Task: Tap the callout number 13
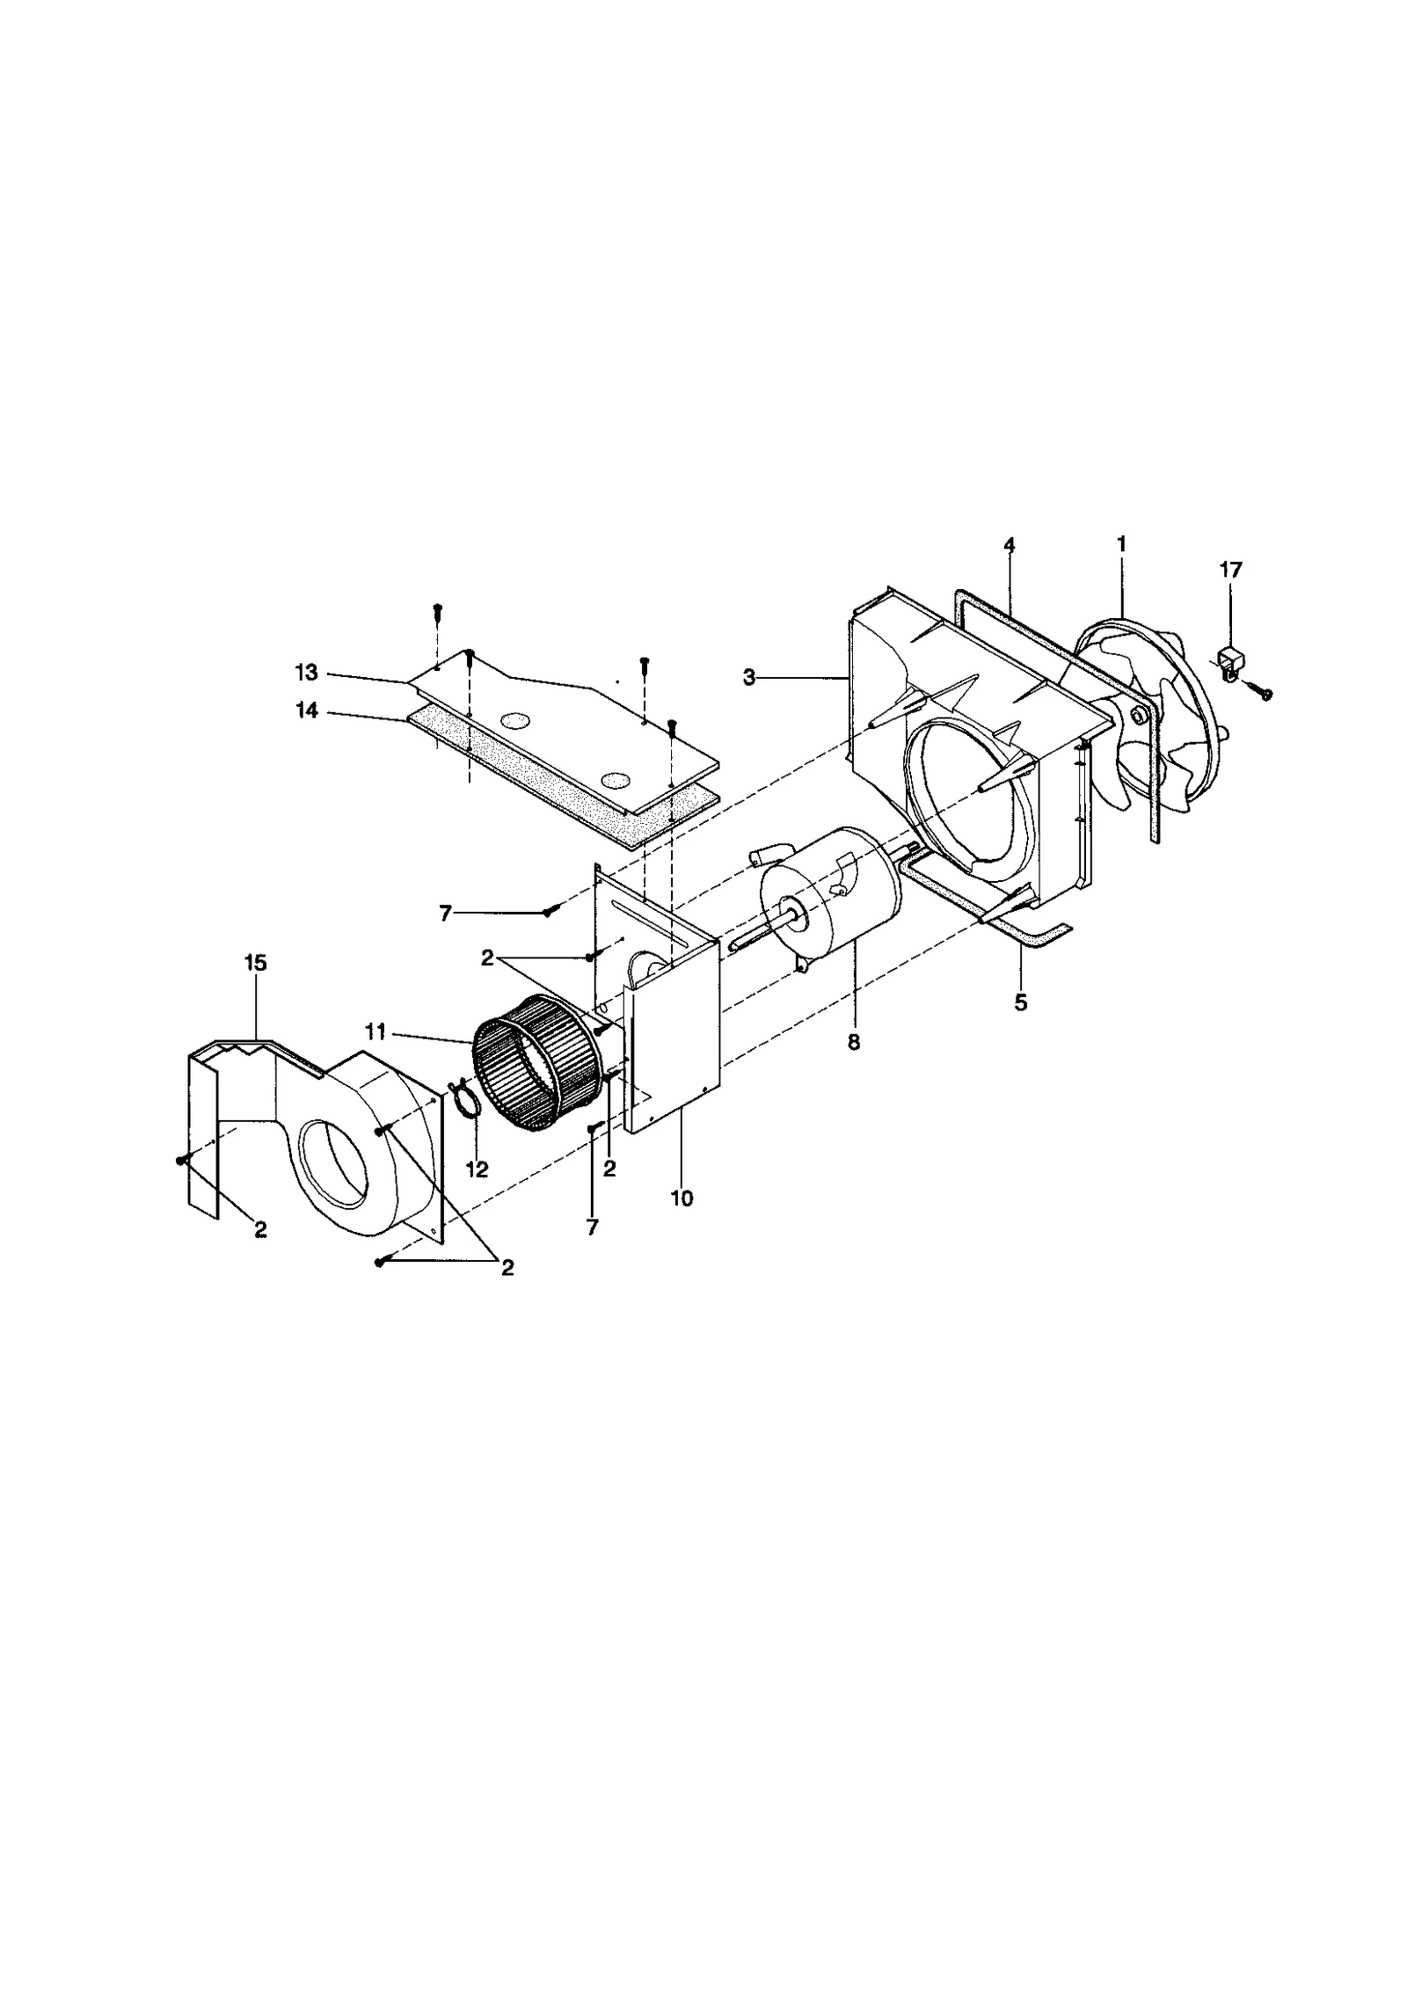(306, 673)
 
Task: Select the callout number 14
(306, 711)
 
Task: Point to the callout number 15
(256, 963)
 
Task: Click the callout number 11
(375, 1033)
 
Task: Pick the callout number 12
(477, 1170)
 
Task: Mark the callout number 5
(1020, 1002)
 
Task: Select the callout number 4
(1009, 545)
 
